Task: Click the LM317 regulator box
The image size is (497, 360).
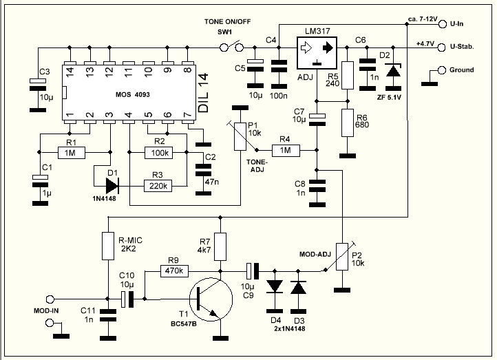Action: pyautogui.click(x=317, y=53)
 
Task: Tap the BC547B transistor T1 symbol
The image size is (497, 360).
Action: pyautogui.click(x=211, y=299)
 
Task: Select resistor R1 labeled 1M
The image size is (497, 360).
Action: pyautogui.click(x=72, y=153)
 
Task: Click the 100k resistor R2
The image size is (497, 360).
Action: pyautogui.click(x=158, y=153)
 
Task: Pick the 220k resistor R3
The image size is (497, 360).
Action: pyautogui.click(x=158, y=186)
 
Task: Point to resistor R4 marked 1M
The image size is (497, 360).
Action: pyautogui.click(x=286, y=150)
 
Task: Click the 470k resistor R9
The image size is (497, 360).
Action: pyautogui.click(x=174, y=271)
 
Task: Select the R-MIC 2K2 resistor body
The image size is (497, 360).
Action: pyautogui.click(x=108, y=246)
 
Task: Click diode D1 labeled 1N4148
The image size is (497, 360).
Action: pyautogui.click(x=112, y=186)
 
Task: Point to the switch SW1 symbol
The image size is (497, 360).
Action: pyautogui.click(x=232, y=47)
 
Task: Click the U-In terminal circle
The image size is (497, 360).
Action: pyautogui.click(x=443, y=24)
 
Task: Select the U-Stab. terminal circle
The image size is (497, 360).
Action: pyautogui.click(x=441, y=47)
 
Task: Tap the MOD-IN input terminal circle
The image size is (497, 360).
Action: pyautogui.click(x=50, y=299)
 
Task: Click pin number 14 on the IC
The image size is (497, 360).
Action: pyautogui.click(x=70, y=71)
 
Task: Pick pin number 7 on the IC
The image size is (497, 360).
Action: pyautogui.click(x=188, y=114)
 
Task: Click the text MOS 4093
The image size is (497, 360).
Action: pyautogui.click(x=132, y=94)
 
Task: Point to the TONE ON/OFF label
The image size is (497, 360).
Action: pyautogui.click(x=227, y=22)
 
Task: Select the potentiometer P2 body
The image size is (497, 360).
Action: pyautogui.click(x=342, y=257)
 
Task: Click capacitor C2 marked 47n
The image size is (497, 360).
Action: pyautogui.click(x=203, y=169)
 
